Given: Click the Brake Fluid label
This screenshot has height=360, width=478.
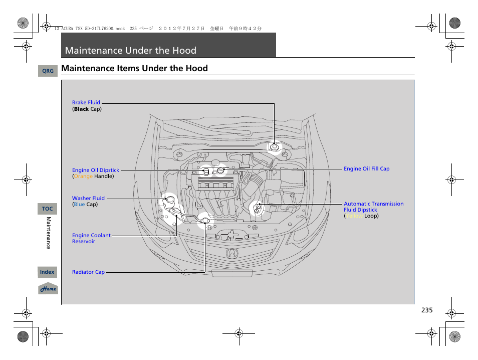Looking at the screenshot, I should pyautogui.click(x=86, y=103).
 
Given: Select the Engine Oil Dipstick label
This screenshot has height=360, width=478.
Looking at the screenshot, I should pyautogui.click(x=96, y=170).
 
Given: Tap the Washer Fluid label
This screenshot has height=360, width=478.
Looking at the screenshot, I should pyautogui.click(x=88, y=199).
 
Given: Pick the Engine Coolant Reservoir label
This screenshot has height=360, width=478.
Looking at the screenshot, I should pyautogui.click(x=91, y=238).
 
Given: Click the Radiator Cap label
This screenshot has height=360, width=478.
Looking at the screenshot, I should pyautogui.click(x=88, y=272).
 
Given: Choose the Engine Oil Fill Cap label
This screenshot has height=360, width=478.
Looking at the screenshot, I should pyautogui.click(x=366, y=169).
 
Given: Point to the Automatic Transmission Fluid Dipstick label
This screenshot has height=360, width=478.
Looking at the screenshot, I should pyautogui.click(x=373, y=207).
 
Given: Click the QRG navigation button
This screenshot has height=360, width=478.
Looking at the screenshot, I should pyautogui.click(x=48, y=71).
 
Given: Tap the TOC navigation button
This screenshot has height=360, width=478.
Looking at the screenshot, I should pyautogui.click(x=48, y=209).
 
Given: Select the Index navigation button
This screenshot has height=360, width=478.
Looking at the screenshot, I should pyautogui.click(x=48, y=272).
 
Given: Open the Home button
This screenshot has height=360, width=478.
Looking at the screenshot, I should pyautogui.click(x=48, y=289).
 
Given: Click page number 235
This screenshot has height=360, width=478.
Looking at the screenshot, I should pyautogui.click(x=426, y=310).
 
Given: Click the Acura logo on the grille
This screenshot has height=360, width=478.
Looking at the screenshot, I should pyautogui.click(x=232, y=253).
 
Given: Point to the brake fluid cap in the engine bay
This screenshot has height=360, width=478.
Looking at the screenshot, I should pyautogui.click(x=274, y=147).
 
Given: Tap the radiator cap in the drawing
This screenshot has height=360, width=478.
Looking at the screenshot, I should pyautogui.click(x=204, y=219).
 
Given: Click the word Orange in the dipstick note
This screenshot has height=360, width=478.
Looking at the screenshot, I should pyautogui.click(x=83, y=176).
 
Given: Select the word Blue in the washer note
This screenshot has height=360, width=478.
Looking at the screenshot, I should pyautogui.click(x=79, y=205).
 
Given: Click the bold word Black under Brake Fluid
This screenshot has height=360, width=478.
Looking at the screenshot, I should pyautogui.click(x=81, y=109).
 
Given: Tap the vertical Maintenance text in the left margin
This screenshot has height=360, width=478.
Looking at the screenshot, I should pyautogui.click(x=49, y=233).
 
